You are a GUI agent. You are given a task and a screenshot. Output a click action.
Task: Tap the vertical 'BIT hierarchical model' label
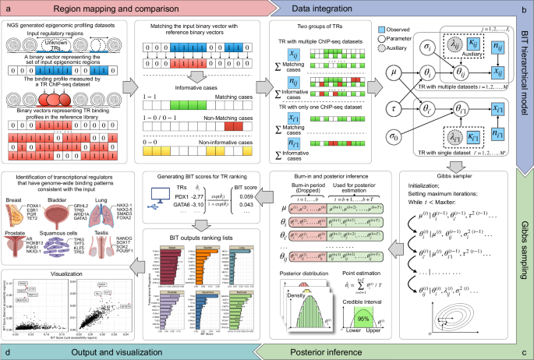[527, 90]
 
